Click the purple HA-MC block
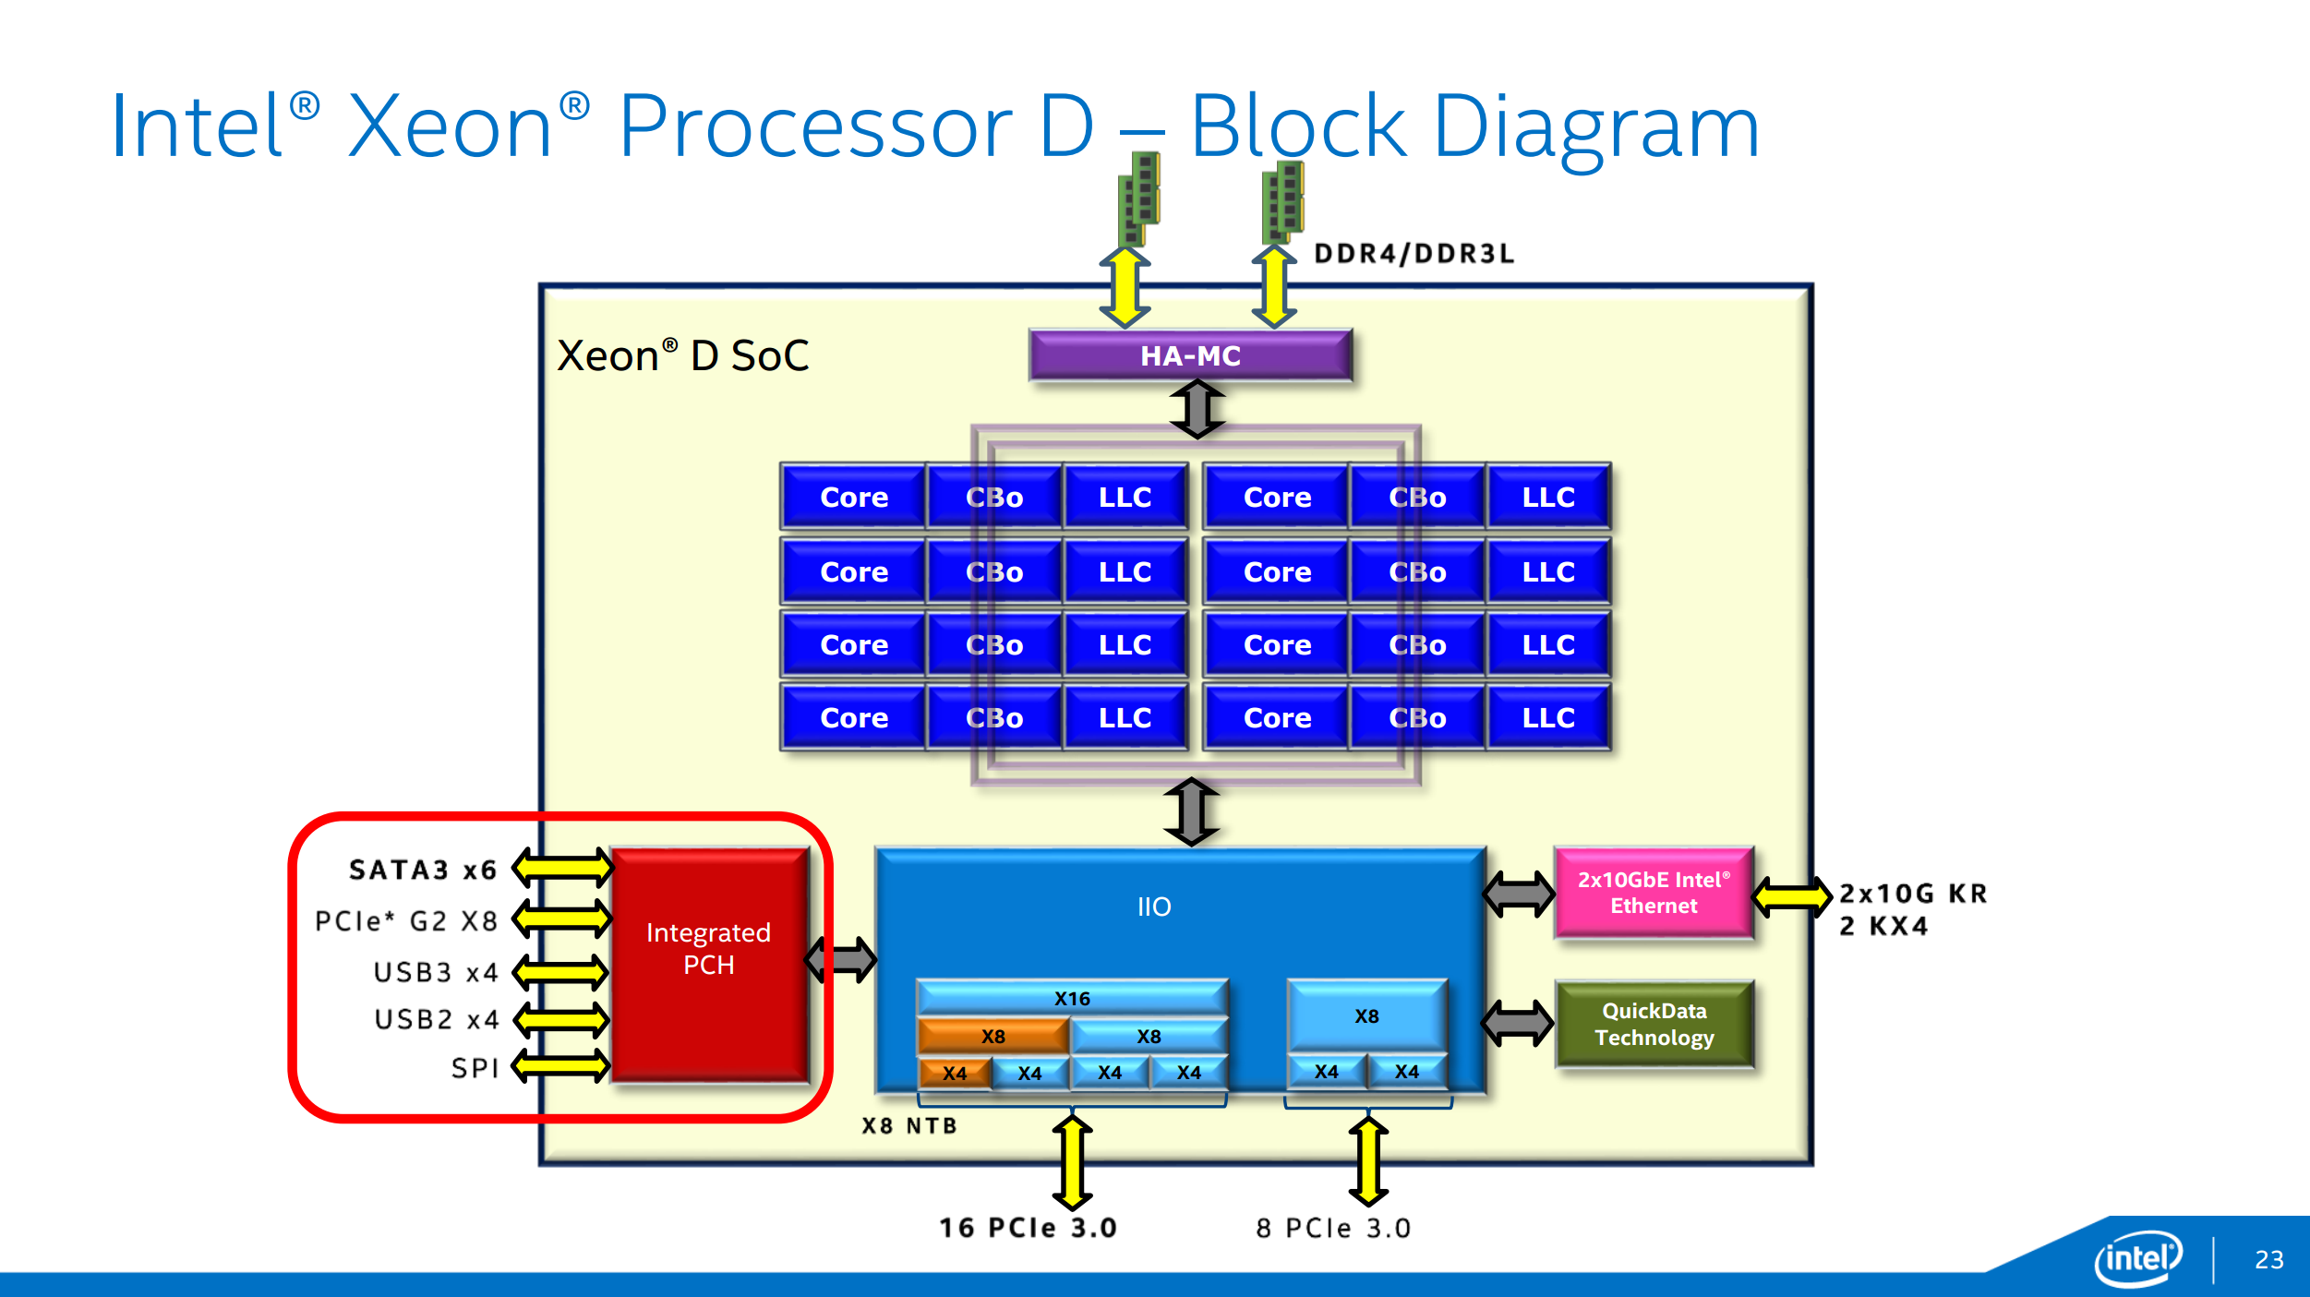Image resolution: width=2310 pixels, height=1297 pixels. click(x=1190, y=355)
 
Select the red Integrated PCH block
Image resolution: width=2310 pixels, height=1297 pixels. click(x=709, y=964)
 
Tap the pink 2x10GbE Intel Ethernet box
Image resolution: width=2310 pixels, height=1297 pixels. click(x=1654, y=893)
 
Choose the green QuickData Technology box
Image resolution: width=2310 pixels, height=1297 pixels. click(x=1654, y=1025)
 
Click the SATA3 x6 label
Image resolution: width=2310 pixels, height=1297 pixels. click(x=423, y=870)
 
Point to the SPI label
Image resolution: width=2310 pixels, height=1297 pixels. click(x=475, y=1068)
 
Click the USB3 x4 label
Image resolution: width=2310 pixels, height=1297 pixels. click(x=436, y=972)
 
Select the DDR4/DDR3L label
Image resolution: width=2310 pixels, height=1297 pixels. click(x=1414, y=254)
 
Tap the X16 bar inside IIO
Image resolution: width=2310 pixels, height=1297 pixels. click(x=1072, y=999)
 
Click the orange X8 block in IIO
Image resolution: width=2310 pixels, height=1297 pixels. click(x=993, y=1037)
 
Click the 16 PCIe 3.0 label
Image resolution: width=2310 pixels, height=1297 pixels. click(x=1028, y=1228)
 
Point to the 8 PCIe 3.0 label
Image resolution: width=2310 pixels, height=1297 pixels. click(x=1333, y=1228)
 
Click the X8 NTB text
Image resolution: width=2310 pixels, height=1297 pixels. click(x=909, y=1125)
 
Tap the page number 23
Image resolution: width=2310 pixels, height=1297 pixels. click(x=2269, y=1260)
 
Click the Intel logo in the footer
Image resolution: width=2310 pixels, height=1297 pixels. click(x=2138, y=1258)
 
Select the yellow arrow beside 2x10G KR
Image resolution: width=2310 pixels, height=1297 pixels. click(x=1792, y=896)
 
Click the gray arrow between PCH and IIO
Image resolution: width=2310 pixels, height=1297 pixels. click(x=841, y=960)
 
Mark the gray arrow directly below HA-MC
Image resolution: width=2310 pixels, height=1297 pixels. click(x=1197, y=409)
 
